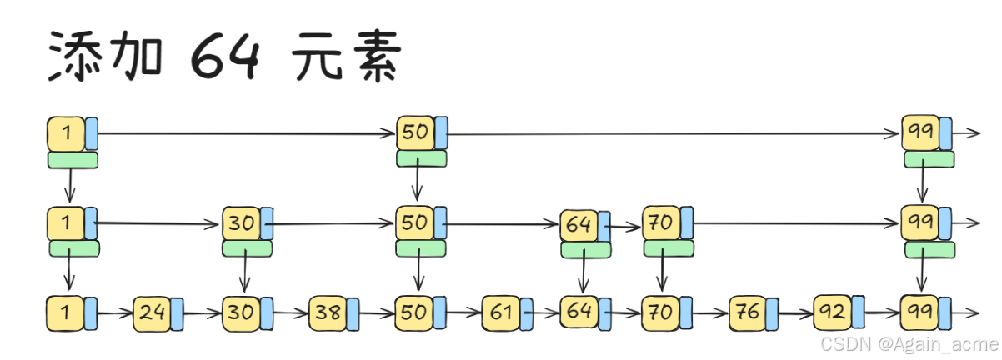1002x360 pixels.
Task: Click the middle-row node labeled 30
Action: (x=242, y=224)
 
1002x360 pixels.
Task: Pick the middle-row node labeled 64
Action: (x=579, y=225)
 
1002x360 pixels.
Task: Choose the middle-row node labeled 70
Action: (x=660, y=224)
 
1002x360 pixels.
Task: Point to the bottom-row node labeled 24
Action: (x=152, y=313)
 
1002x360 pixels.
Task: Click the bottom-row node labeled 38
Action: (x=327, y=313)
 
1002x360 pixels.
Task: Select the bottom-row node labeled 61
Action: (x=500, y=313)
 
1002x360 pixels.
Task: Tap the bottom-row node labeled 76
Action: (x=747, y=313)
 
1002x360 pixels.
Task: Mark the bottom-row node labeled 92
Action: (x=832, y=313)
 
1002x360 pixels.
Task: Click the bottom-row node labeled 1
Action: (x=66, y=312)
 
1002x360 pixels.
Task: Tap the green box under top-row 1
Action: (x=73, y=160)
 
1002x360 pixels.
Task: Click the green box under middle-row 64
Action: (x=585, y=249)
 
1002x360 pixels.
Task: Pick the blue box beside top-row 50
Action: (x=441, y=132)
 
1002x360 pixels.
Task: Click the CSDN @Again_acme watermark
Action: (x=908, y=344)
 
